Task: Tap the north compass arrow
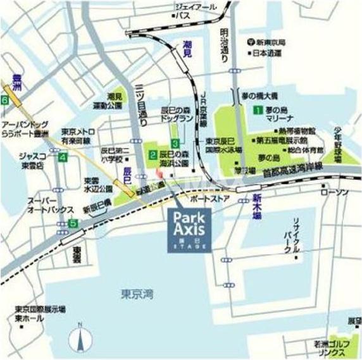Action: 80,338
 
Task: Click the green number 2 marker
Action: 153,154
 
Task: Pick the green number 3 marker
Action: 175,143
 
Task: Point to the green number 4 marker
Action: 62,157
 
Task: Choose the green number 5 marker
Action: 74,223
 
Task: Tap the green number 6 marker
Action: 5,100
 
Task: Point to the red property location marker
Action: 158,173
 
